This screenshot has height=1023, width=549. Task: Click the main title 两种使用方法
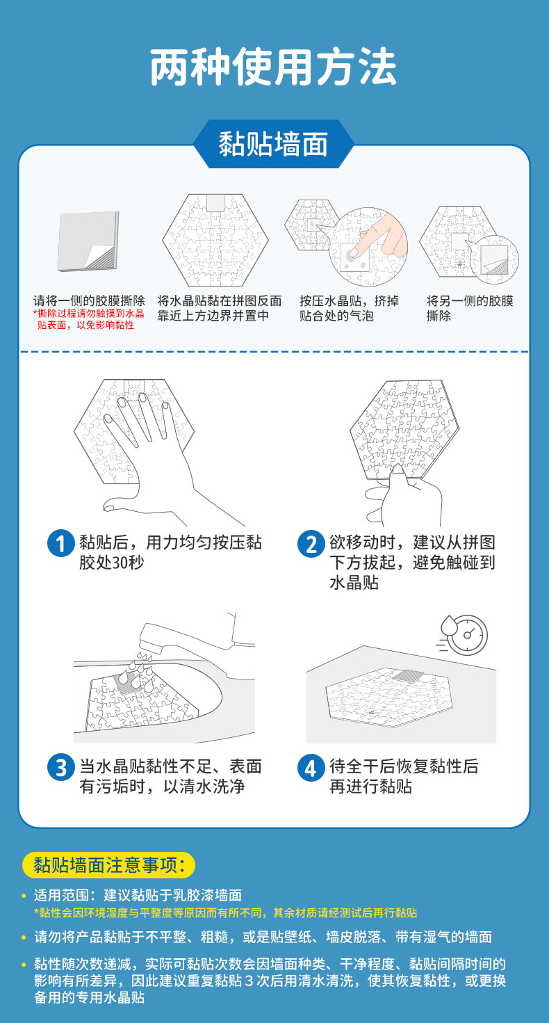(273, 67)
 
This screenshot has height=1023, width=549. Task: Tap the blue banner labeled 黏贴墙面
(273, 144)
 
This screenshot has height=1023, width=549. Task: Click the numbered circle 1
(60, 543)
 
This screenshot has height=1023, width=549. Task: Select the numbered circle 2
(311, 543)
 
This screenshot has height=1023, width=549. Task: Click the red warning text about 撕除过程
(88, 319)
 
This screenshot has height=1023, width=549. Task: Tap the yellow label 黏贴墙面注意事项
(108, 865)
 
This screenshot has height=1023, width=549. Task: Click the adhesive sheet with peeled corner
(88, 241)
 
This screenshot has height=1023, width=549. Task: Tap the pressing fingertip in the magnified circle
(354, 252)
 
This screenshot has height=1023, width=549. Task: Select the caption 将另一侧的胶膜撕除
(470, 308)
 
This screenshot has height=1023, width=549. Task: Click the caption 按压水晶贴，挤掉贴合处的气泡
(349, 308)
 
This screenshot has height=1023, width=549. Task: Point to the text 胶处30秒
(111, 563)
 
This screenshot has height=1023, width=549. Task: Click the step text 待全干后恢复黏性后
(404, 766)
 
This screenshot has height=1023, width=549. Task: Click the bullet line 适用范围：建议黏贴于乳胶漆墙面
(138, 895)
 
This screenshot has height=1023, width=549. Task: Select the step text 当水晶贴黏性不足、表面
(171, 766)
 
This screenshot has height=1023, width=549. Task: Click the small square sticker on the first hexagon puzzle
(215, 202)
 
